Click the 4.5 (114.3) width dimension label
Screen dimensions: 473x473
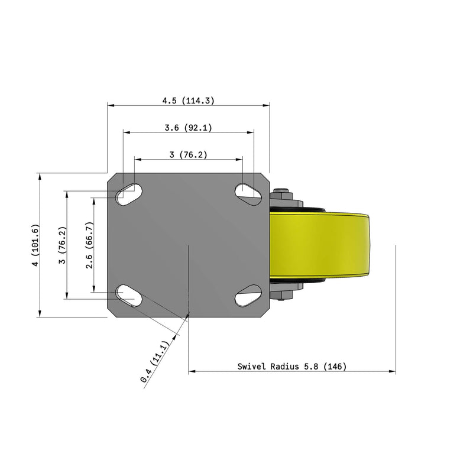[x=188, y=101]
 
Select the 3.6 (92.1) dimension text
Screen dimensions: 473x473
[x=188, y=128]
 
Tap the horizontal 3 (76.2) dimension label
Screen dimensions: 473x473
[x=188, y=155]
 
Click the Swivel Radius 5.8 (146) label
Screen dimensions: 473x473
[x=292, y=367]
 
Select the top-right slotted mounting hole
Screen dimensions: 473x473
[x=248, y=192]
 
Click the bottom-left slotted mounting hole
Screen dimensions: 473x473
[x=129, y=294]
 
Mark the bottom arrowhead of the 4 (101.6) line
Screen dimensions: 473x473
[x=40, y=314]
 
